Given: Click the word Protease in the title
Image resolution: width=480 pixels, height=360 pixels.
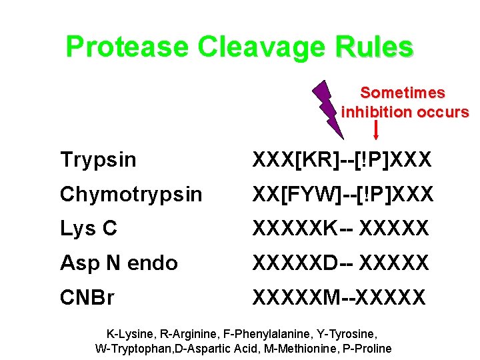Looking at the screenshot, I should (x=127, y=47).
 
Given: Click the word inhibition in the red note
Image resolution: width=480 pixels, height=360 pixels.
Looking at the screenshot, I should (x=377, y=112).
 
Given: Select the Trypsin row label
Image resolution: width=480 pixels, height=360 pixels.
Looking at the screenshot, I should (x=98, y=160).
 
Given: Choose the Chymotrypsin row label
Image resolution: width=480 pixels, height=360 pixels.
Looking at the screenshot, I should (x=131, y=195).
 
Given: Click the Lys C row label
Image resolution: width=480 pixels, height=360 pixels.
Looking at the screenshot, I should (x=89, y=229).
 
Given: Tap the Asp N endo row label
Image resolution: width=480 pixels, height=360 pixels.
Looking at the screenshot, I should (x=119, y=263).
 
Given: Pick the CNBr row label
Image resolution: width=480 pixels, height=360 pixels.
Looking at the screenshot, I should (x=87, y=297).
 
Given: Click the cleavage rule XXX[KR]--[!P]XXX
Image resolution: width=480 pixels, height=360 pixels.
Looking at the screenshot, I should (x=342, y=160).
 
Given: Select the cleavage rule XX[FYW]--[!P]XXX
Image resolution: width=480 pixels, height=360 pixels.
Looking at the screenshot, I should (x=343, y=195).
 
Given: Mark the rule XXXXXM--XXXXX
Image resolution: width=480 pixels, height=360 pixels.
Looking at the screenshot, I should (x=338, y=297).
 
